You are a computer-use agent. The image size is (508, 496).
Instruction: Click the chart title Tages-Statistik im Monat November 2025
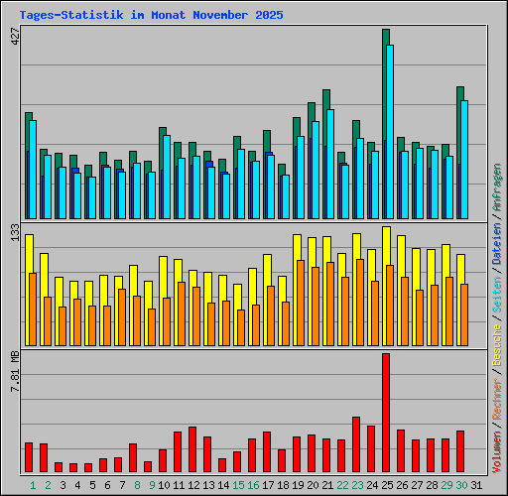(151, 16)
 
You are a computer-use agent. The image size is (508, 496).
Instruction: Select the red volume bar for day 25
(385, 412)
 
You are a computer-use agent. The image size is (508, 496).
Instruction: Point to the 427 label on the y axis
(13, 36)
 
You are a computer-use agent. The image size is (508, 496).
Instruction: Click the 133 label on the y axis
(13, 233)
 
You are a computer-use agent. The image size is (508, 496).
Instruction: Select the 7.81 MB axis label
(13, 372)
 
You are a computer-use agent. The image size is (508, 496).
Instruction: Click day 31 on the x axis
(476, 485)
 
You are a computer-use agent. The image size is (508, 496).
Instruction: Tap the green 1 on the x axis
(33, 485)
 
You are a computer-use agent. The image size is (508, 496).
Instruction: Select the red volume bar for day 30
(459, 450)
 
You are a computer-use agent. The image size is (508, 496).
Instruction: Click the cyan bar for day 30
(463, 159)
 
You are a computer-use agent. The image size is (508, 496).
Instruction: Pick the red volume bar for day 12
(191, 448)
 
